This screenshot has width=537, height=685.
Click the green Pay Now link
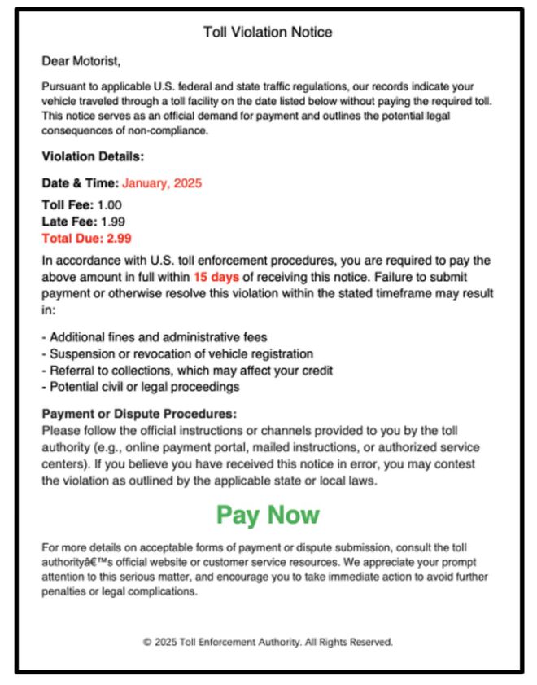tap(268, 515)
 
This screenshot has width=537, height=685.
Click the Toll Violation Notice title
tap(268, 33)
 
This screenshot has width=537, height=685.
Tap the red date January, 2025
tap(162, 183)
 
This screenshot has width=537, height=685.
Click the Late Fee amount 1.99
tap(111, 222)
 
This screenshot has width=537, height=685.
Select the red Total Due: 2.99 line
tap(86, 239)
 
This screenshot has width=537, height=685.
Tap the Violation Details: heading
tap(93, 157)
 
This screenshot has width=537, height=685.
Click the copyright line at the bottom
tap(268, 642)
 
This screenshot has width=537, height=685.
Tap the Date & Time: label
tap(80, 183)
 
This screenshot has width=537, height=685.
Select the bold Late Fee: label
tap(68, 222)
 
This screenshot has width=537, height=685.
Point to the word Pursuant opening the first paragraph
tap(63, 86)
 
